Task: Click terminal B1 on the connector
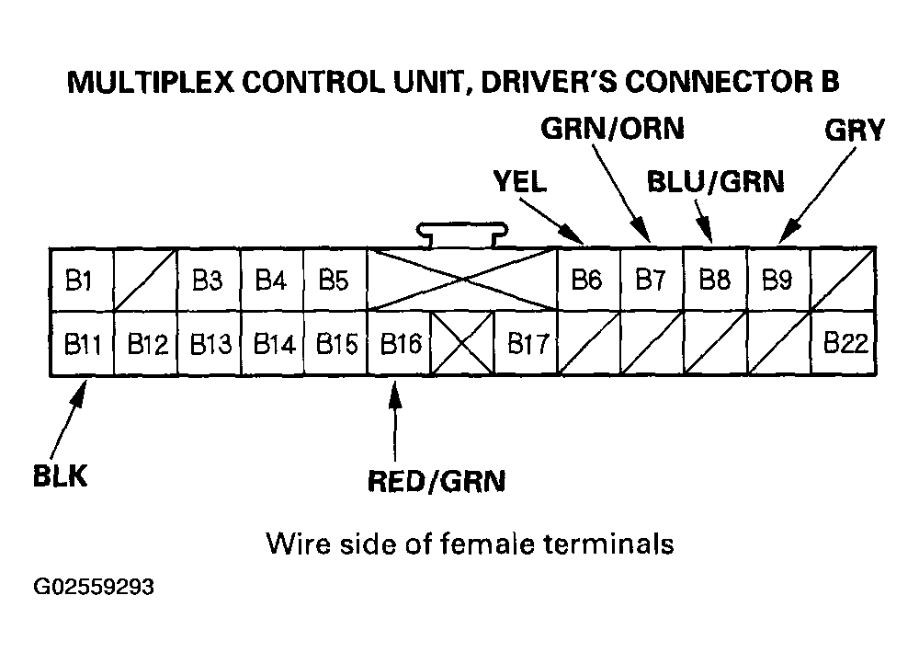pos(80,280)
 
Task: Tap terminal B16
pos(400,345)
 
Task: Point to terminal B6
pos(587,280)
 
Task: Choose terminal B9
pos(777,280)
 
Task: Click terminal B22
pos(845,345)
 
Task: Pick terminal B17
pos(528,345)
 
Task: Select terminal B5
pos(334,280)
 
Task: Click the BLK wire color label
pos(60,478)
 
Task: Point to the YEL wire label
pos(518,182)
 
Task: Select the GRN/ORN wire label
pos(612,129)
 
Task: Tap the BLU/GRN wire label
pos(716,182)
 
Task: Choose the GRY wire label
pos(854,131)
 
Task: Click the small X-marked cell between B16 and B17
pos(463,345)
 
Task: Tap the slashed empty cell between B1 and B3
pos(144,280)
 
